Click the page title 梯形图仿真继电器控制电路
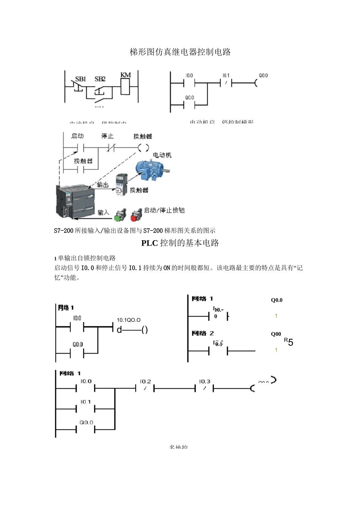(x=180, y=52)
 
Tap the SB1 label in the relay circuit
(x=80, y=79)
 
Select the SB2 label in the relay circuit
(x=100, y=79)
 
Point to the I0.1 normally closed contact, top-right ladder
(x=226, y=83)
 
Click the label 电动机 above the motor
(x=162, y=155)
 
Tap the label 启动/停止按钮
(x=164, y=210)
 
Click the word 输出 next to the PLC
(x=103, y=185)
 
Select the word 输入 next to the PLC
(x=103, y=212)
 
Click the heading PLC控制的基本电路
(x=180, y=243)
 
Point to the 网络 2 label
(x=203, y=333)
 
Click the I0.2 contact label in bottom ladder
(x=145, y=381)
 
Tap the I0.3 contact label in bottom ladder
(x=205, y=381)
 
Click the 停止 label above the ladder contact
(x=107, y=136)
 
